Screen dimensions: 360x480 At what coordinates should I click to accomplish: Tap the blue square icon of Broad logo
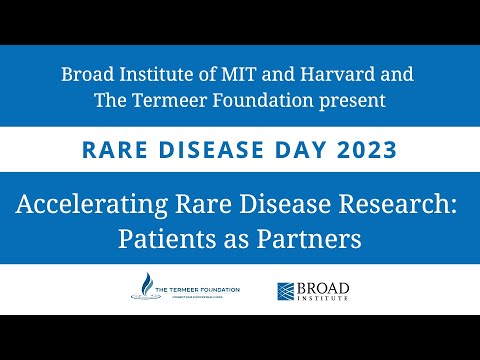[x=286, y=291]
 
